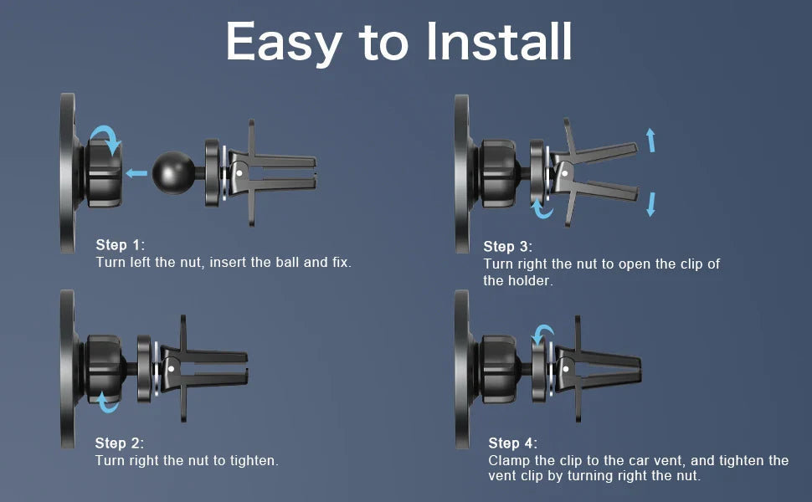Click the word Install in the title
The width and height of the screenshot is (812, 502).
tap(500, 41)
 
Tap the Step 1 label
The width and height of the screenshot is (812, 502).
tap(121, 245)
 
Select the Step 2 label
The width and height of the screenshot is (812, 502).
tap(119, 443)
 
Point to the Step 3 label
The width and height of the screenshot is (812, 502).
tap(507, 247)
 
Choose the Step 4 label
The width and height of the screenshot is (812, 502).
tap(512, 443)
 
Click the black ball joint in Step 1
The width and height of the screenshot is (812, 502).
tap(173, 173)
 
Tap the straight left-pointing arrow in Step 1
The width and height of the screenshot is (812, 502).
tap(136, 173)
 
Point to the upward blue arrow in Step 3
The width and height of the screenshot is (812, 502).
tap(650, 141)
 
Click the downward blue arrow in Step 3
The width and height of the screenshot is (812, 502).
tap(651, 204)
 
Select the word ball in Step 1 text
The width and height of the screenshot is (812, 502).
tap(287, 262)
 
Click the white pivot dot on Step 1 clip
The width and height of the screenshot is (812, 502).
tap(239, 173)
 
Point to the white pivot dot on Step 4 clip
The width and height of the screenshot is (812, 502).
tap(566, 369)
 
